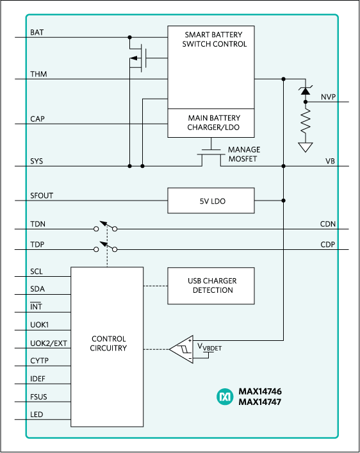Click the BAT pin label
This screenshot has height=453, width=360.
click(37, 31)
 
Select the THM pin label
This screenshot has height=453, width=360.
click(38, 74)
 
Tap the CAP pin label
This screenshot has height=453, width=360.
click(38, 119)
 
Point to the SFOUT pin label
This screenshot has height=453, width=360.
click(42, 195)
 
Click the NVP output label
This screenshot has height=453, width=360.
click(328, 97)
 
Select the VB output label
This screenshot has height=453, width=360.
click(331, 161)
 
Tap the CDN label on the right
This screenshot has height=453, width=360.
click(328, 224)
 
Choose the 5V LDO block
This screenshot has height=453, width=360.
click(211, 201)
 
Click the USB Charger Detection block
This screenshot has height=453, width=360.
click(211, 286)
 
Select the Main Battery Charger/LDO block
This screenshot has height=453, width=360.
click(211, 122)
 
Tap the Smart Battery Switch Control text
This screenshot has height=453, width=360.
click(211, 39)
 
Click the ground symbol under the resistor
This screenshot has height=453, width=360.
click(306, 147)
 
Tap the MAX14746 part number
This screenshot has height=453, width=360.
click(259, 391)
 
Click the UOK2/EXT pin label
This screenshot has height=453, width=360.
click(49, 343)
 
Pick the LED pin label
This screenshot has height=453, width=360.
click(37, 415)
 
